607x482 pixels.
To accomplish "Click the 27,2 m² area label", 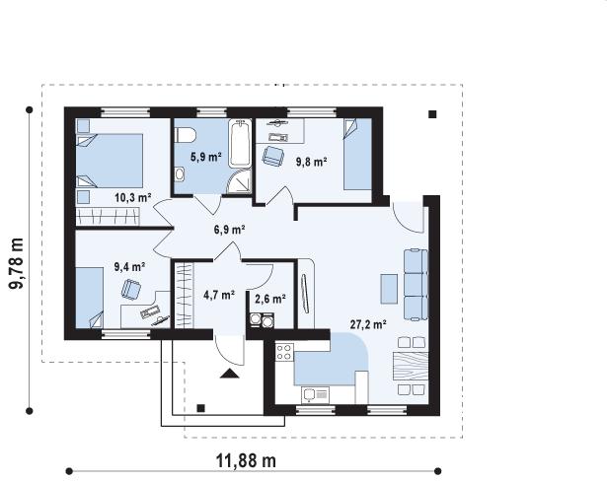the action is click(368, 324).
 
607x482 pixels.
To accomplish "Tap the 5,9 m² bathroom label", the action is click(206, 157).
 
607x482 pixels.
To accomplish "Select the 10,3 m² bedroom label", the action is click(133, 198).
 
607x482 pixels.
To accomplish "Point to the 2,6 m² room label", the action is click(270, 299).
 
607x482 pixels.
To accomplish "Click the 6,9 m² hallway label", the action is click(230, 230).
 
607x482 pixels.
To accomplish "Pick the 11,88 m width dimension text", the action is click(246, 460).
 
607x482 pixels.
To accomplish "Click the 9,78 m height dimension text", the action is click(17, 263).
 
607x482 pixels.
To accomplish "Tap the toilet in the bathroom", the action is click(186, 135).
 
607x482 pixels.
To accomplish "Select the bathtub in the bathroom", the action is click(240, 143).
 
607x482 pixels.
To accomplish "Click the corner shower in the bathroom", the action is click(239, 181).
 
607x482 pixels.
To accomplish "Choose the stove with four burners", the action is click(284, 352).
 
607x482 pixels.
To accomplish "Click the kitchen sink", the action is click(315, 395).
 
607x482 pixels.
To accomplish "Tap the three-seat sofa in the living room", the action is click(416, 285).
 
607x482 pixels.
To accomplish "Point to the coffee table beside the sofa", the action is click(389, 289).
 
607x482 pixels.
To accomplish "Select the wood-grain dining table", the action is click(411, 368).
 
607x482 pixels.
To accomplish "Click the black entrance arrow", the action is click(230, 374).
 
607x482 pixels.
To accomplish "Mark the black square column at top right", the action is click(432, 114).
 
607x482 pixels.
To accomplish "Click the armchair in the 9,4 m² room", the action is click(131, 289).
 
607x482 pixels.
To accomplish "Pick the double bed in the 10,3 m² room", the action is click(110, 161).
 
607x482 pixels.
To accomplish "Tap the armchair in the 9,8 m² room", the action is click(273, 156).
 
